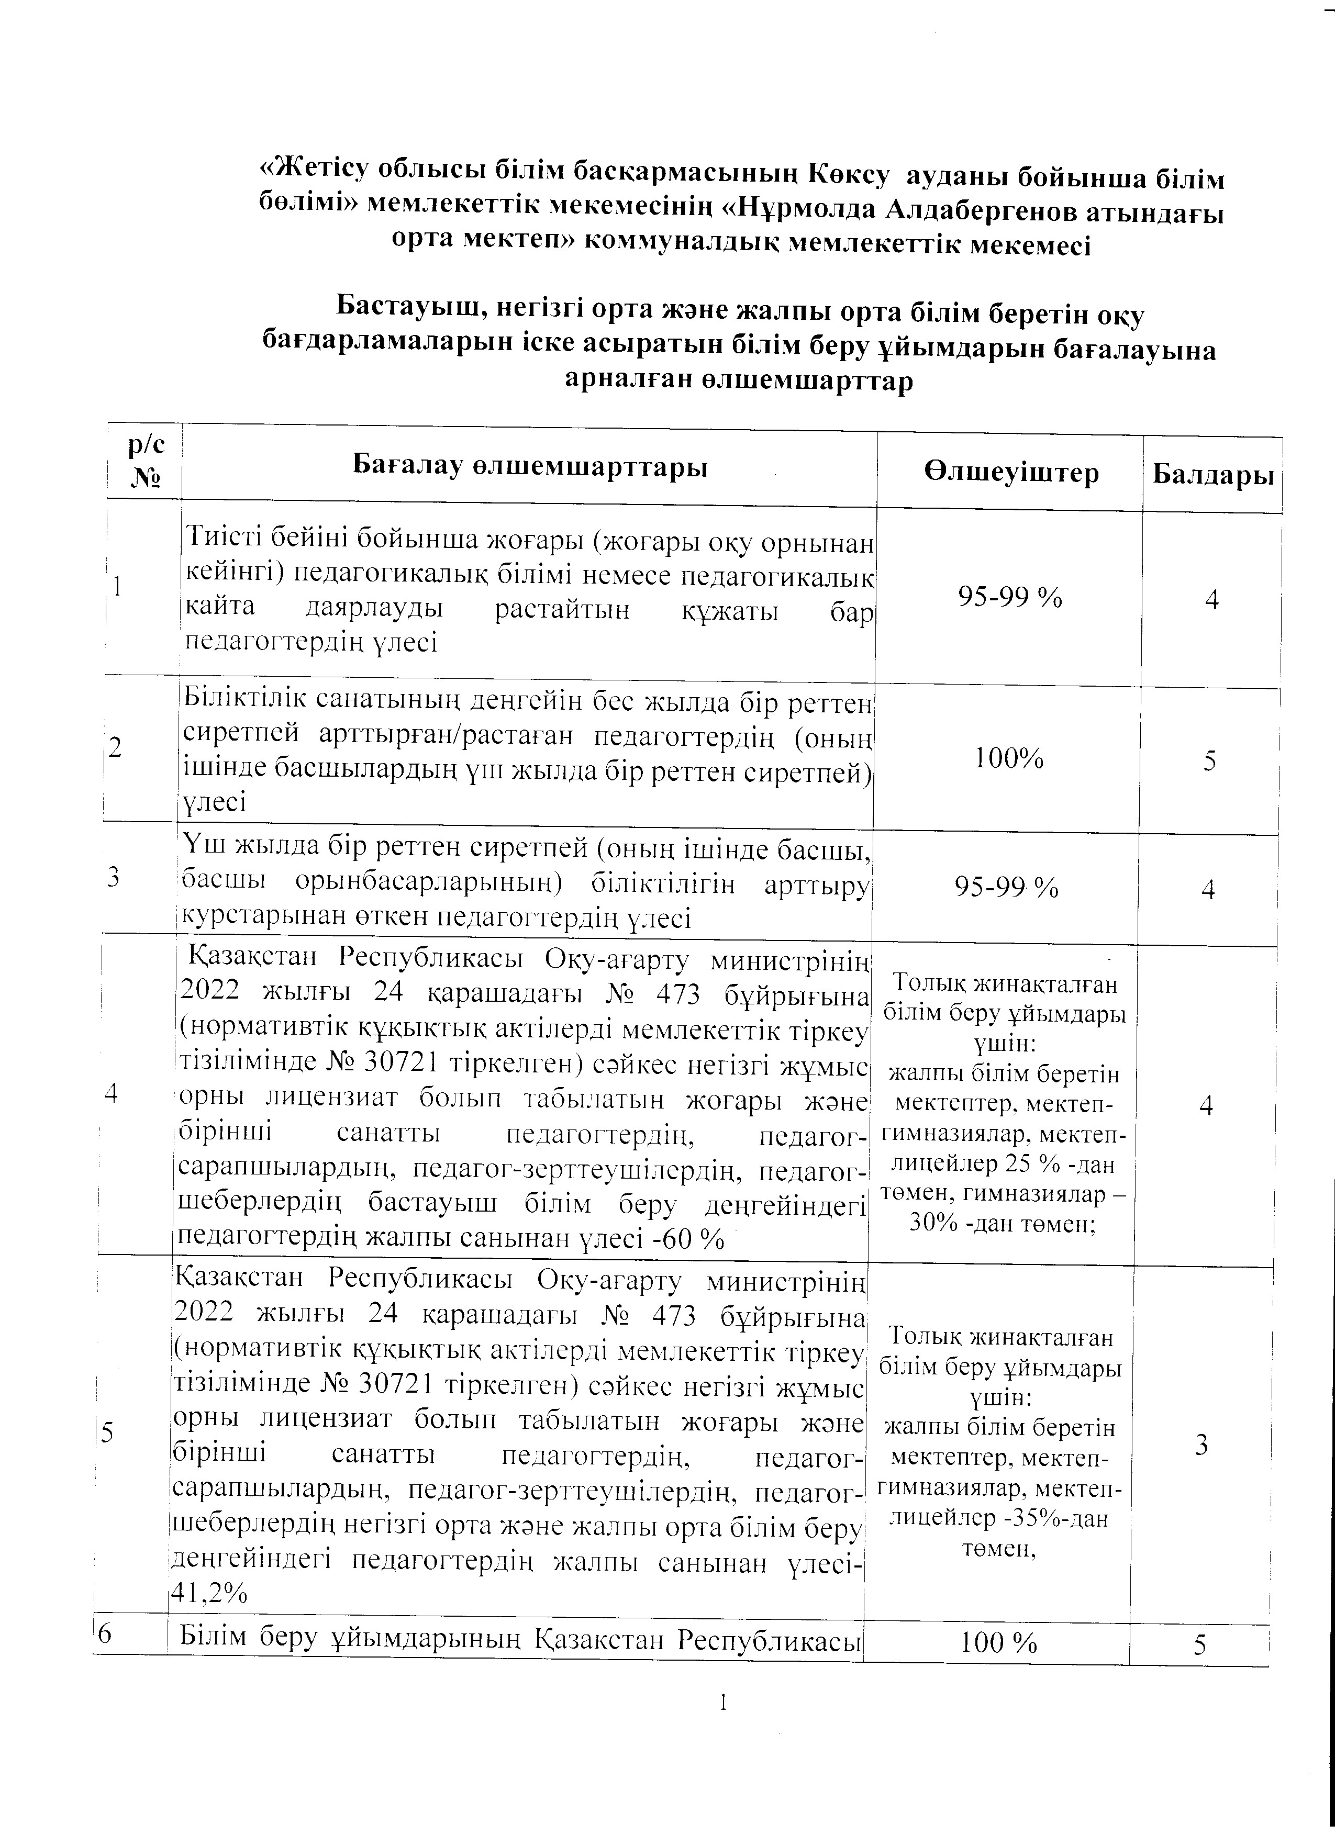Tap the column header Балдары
[1212, 474]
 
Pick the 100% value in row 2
[1009, 758]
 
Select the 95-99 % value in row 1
[1009, 597]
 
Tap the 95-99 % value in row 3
[1006, 888]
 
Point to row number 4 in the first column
[112, 1093]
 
